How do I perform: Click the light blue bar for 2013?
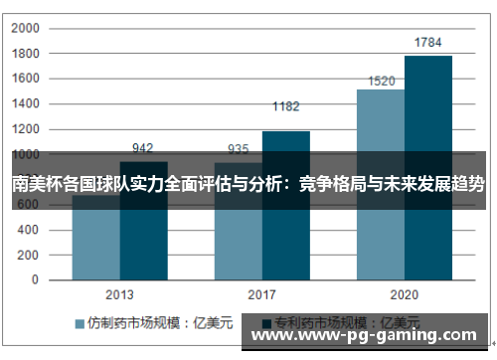coord(95,244)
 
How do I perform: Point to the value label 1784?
coord(428,43)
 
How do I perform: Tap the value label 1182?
coord(285,106)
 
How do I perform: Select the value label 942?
coord(143,149)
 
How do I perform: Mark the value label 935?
coord(239,149)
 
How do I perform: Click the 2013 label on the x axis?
coord(119,294)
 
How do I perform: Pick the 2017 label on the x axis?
coord(261,294)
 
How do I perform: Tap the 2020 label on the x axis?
coord(404,294)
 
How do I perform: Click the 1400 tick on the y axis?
coord(25,103)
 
